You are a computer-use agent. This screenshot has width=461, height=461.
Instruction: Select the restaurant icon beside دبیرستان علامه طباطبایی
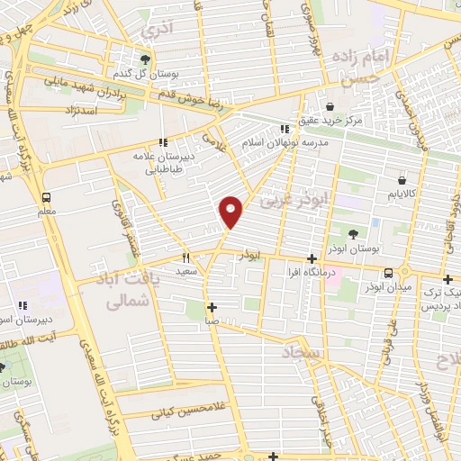(x=163, y=142)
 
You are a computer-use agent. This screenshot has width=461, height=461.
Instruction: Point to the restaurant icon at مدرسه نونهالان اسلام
(x=286, y=129)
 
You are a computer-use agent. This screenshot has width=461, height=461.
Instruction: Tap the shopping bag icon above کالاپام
(x=401, y=181)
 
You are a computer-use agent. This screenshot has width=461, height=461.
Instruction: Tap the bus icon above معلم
(x=46, y=197)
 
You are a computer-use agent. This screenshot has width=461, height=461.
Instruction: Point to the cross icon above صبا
(x=211, y=306)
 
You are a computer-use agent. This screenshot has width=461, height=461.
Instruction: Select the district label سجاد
(x=301, y=352)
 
